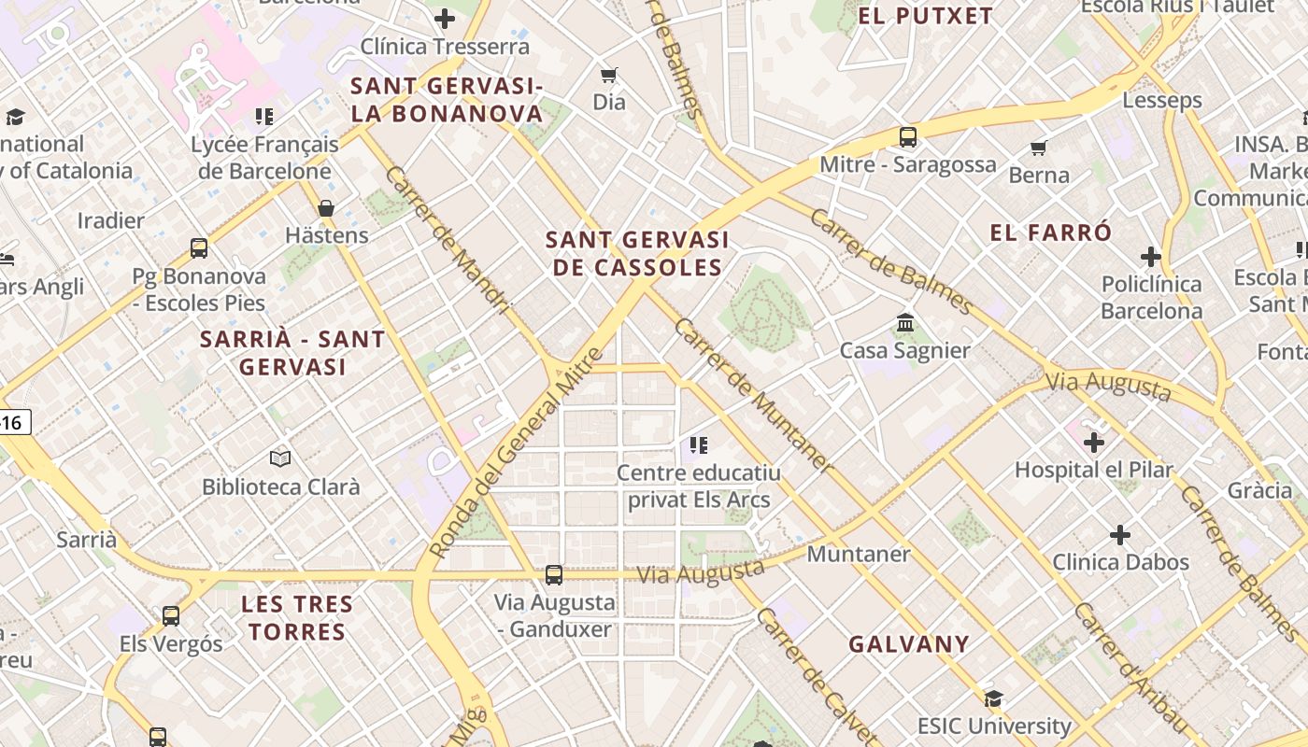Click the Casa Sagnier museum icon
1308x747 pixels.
pyautogui.click(x=905, y=323)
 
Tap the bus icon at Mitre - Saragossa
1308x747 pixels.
pyautogui.click(x=907, y=137)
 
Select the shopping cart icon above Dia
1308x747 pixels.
pyautogui.click(x=609, y=75)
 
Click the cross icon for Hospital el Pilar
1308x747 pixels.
pyautogui.click(x=1094, y=442)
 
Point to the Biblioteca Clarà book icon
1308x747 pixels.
pyautogui.click(x=280, y=458)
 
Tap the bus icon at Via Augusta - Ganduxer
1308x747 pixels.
pyautogui.click(x=554, y=575)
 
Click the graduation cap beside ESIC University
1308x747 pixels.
pyautogui.click(x=993, y=698)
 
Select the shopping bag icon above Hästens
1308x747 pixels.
pyautogui.click(x=326, y=207)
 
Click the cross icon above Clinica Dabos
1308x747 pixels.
pyautogui.click(x=1120, y=535)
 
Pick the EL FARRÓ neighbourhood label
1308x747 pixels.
pyautogui.click(x=1051, y=233)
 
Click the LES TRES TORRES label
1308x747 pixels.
pyautogui.click(x=297, y=618)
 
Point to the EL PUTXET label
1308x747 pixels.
pyautogui.click(x=925, y=16)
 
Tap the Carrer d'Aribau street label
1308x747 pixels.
pyautogui.click(x=1130, y=668)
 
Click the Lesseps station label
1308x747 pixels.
pyautogui.click(x=1162, y=100)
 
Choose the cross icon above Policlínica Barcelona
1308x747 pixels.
pyautogui.click(x=1151, y=257)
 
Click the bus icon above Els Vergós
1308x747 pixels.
pyautogui.click(x=170, y=616)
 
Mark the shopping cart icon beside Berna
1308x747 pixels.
pyautogui.click(x=1038, y=148)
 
